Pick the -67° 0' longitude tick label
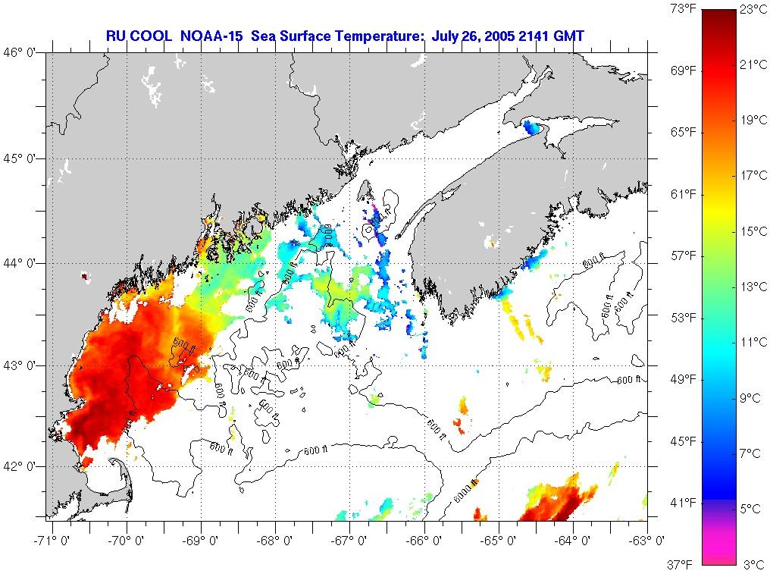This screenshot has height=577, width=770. coord(350,540)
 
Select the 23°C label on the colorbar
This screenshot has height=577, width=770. coord(753,10)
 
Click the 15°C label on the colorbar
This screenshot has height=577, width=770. coord(753,231)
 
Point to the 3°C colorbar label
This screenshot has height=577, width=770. coord(753,564)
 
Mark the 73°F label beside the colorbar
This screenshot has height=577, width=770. coord(682,10)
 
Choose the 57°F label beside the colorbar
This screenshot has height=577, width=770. coord(682,256)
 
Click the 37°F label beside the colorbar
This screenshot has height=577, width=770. coord(682,564)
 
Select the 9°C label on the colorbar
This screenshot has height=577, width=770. coord(753,397)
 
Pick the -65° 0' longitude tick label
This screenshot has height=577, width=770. coord(498,540)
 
